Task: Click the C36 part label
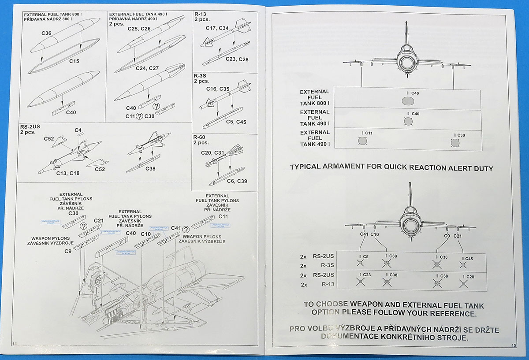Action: coord(46,33)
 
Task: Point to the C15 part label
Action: coord(74,61)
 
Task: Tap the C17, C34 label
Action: coord(217,28)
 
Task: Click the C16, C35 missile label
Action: coord(218,89)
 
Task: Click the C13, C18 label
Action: coord(68,173)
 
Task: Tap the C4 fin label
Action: coord(78,130)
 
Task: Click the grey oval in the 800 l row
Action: coord(408,101)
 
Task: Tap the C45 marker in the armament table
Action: coord(468,259)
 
